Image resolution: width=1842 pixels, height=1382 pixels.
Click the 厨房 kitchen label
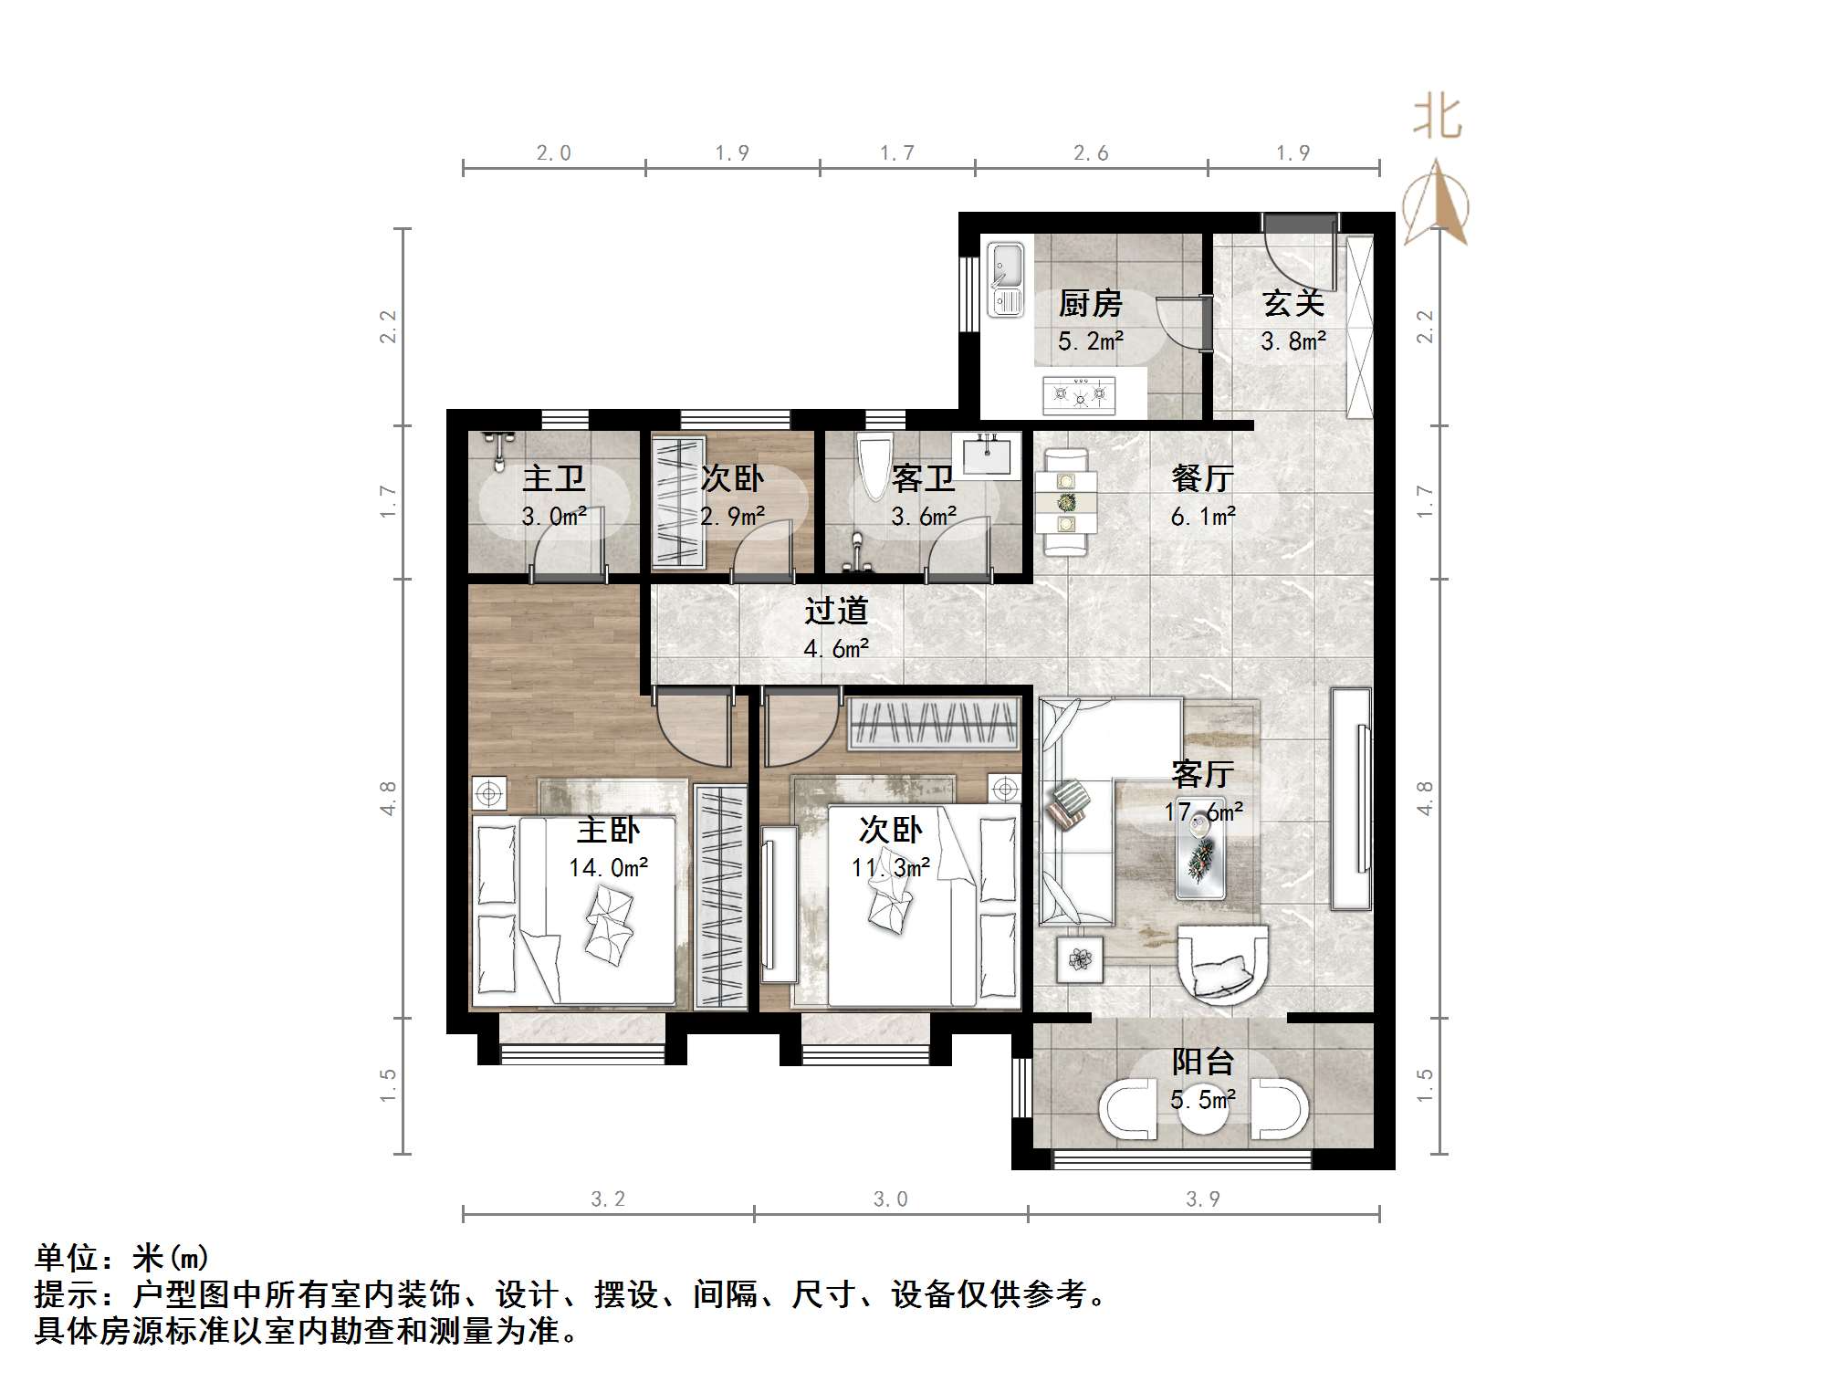(1090, 304)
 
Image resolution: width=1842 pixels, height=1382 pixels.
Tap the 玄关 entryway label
(1293, 304)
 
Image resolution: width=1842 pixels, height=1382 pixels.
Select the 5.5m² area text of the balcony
(1203, 1100)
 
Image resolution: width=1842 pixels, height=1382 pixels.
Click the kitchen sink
(1006, 278)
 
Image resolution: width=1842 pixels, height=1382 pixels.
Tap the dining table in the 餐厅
(1065, 501)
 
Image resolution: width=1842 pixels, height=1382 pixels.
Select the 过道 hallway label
(835, 611)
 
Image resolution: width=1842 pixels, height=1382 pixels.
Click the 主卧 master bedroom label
(608, 830)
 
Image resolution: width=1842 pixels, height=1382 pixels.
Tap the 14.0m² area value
(608, 867)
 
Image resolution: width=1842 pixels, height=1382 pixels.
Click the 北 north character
(1437, 119)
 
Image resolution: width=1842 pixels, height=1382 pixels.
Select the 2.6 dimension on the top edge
(1091, 153)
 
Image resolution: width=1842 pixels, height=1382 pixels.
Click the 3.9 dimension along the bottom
(1202, 1199)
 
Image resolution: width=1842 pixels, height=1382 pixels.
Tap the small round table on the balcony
(1203, 1110)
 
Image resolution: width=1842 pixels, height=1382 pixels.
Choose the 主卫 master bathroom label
(553, 478)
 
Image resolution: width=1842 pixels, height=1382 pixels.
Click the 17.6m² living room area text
(1203, 811)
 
